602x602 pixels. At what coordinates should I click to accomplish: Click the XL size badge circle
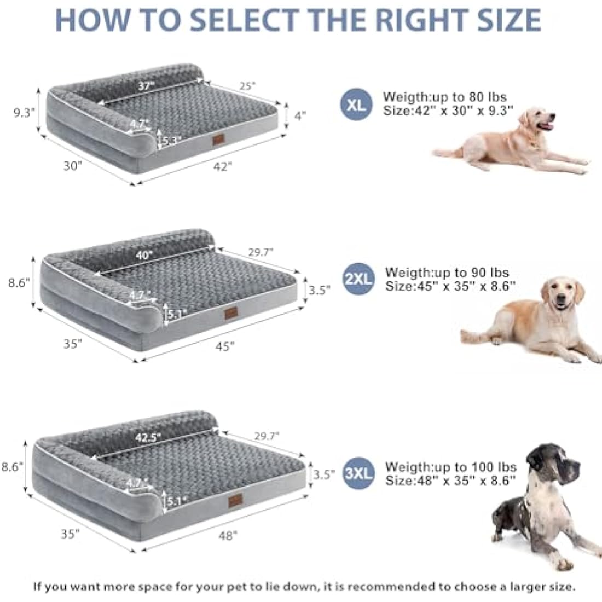tap(356, 104)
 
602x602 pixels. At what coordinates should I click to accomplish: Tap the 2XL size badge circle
tap(358, 279)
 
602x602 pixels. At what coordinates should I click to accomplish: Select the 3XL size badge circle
tap(358, 473)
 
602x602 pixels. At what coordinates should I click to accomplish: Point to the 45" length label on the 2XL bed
tap(224, 345)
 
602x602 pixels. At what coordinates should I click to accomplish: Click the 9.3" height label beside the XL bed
tap(24, 112)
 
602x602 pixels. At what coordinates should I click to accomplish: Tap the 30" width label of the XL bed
tap(72, 165)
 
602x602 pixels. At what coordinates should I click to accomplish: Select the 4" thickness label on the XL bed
tap(300, 115)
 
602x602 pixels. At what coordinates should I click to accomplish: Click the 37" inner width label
tap(146, 86)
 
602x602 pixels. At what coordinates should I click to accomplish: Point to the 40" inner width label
tap(145, 254)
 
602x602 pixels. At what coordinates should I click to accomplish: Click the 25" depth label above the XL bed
tap(247, 85)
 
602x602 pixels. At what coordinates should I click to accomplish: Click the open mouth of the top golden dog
tap(545, 127)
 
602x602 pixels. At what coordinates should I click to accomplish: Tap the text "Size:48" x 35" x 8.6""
tap(450, 481)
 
